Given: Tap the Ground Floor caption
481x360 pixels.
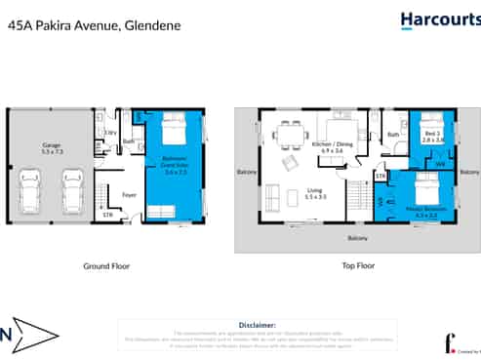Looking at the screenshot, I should [x=107, y=265].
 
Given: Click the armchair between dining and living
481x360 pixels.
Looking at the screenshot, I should [x=290, y=161].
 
